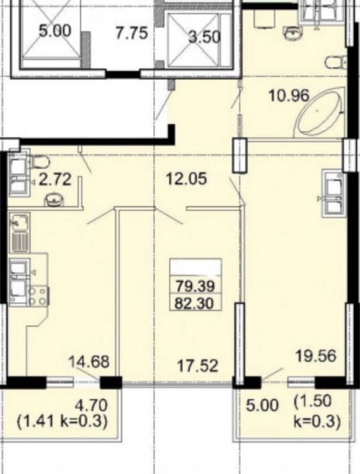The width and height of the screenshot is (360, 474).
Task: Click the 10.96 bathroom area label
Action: click(x=289, y=96)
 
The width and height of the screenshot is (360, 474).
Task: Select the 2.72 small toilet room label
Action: click(x=55, y=179)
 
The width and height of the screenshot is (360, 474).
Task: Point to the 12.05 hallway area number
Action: click(x=187, y=178)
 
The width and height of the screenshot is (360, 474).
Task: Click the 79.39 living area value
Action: click(x=196, y=286)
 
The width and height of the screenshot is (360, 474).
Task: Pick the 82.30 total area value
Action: click(x=194, y=302)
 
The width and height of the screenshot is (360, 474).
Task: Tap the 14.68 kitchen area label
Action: click(x=89, y=362)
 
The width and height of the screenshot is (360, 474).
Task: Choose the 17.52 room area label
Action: click(x=197, y=365)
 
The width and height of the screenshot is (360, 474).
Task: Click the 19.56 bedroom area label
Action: click(x=315, y=355)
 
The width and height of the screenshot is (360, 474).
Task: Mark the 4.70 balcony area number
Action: click(x=91, y=406)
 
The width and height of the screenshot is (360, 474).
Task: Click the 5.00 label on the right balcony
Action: click(x=262, y=406)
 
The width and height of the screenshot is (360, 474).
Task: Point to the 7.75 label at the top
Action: click(x=132, y=33)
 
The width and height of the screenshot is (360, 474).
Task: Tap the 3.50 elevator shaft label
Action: click(x=204, y=37)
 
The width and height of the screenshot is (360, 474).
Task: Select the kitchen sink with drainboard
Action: click(x=20, y=232)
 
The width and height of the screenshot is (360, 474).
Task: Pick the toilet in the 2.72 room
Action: click(x=40, y=162)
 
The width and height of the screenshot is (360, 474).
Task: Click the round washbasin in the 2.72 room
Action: click(x=53, y=198)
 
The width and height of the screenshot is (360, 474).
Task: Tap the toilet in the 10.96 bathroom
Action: click(x=336, y=62)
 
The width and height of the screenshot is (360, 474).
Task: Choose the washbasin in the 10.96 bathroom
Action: click(x=293, y=33)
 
